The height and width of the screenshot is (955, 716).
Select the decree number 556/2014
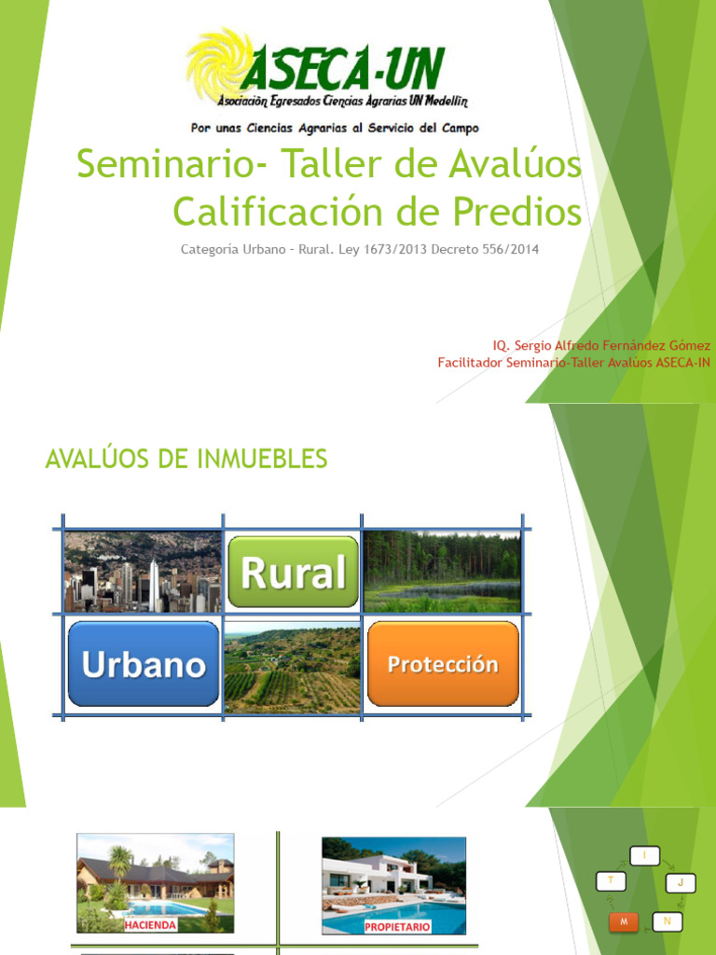506,250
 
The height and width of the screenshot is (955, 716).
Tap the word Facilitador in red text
470,362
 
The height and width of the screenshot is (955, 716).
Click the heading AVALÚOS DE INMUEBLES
186,459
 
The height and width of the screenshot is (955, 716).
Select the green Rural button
293,572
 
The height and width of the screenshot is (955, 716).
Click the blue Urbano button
144,664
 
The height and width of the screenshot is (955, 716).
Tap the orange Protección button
443,664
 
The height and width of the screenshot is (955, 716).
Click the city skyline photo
143,572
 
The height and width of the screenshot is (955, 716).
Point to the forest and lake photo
442,572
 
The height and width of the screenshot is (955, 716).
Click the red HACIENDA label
150,923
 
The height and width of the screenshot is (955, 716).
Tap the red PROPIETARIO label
397,927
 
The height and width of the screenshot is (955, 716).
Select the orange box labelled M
623,921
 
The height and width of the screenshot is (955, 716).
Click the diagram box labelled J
681,881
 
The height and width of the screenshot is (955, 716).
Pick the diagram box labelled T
611,879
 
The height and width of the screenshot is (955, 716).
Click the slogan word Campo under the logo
456,128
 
